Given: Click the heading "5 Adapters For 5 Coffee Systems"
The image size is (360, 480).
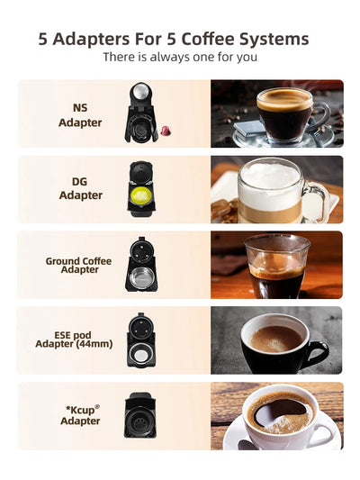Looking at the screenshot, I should tap(174, 39).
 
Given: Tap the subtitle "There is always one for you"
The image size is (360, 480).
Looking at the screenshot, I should tap(180, 57).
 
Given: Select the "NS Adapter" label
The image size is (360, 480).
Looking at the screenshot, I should tap(80, 115).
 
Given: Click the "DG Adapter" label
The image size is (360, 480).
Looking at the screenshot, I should tap(80, 188).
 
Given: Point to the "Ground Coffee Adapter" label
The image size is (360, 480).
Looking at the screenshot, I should tap(79, 265).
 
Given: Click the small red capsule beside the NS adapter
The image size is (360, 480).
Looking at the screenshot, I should tap(165, 132).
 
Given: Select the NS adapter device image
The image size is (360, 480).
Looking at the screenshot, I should tap(140, 112).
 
